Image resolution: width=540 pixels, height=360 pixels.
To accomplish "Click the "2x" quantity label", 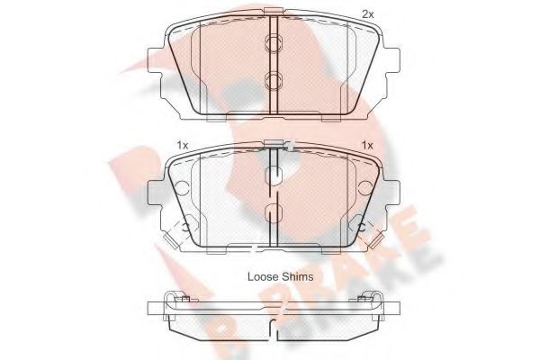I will [367, 13].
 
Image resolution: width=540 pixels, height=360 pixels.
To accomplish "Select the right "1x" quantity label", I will [366, 145].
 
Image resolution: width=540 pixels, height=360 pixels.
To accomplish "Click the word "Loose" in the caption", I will [264, 277].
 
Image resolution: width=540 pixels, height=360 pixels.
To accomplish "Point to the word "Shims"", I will [297, 277].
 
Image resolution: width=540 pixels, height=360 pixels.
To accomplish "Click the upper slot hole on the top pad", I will [274, 44].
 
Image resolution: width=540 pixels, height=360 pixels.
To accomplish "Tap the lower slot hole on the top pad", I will [274, 82].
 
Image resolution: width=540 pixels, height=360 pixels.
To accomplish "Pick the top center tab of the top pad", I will [274, 13].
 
